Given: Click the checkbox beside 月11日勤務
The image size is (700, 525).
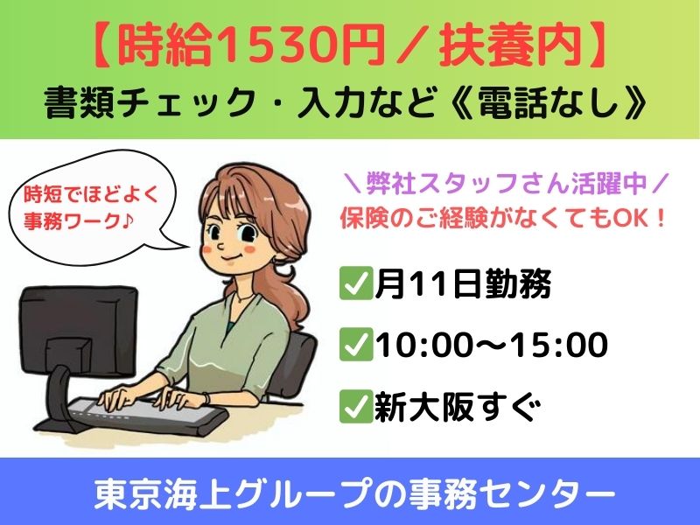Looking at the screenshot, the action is click(x=355, y=283).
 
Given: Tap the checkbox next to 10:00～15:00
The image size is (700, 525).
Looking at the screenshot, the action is click(x=355, y=344).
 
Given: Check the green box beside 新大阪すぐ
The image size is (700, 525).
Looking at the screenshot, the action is click(x=355, y=406).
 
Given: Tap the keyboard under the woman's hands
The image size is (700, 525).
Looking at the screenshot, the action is click(x=147, y=414).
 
